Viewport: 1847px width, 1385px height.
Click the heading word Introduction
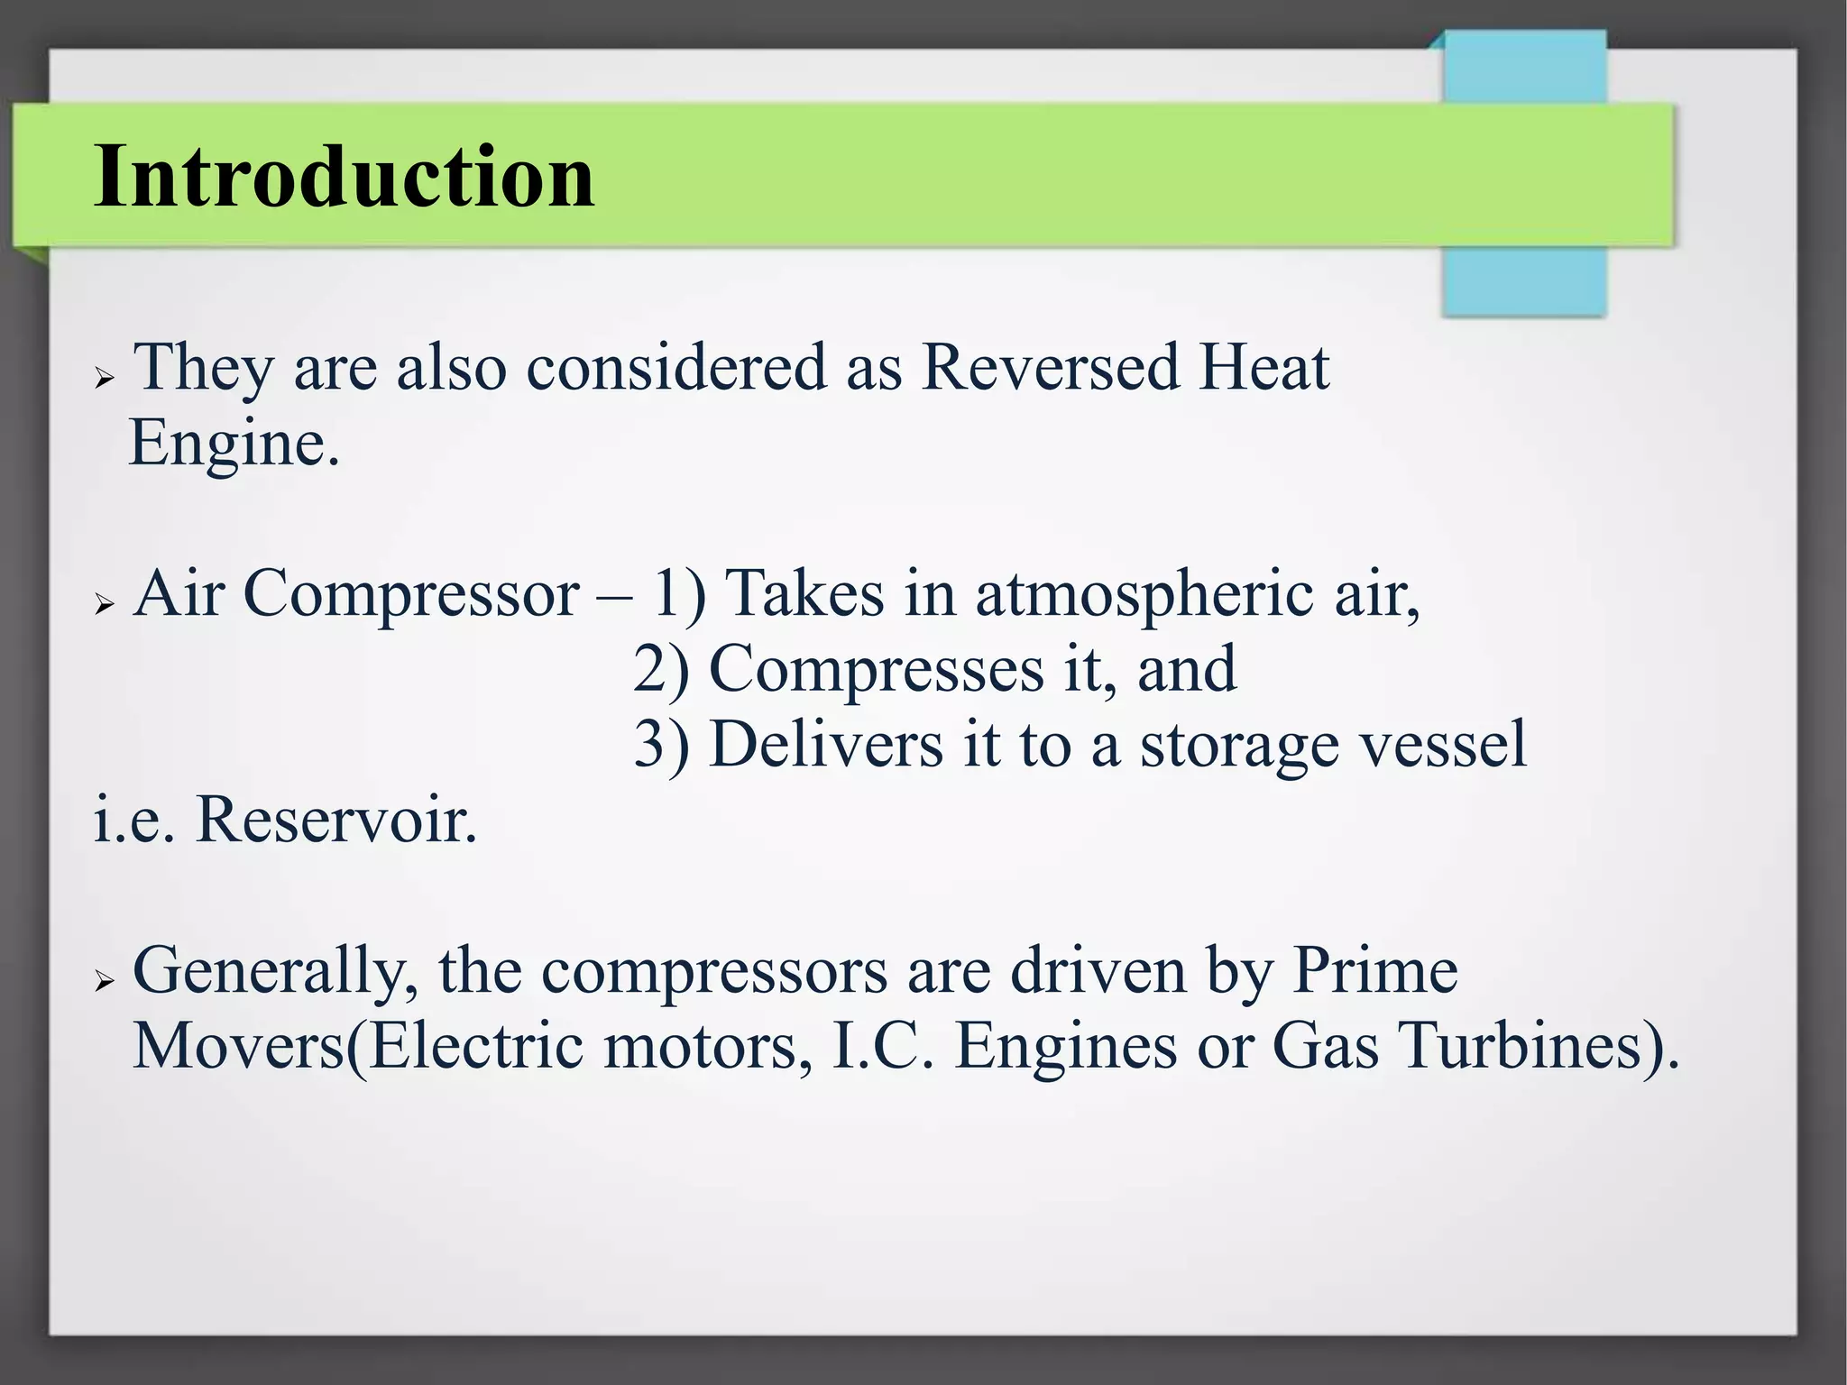(x=344, y=176)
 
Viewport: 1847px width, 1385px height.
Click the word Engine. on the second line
(x=234, y=444)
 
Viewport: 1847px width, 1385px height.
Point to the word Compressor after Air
(x=411, y=594)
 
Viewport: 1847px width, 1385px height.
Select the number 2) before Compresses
(x=661, y=670)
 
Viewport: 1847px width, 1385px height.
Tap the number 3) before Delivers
(x=661, y=746)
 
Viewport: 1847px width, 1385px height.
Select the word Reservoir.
(x=335, y=821)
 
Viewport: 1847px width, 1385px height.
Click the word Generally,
(x=276, y=972)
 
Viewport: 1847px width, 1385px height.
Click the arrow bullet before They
(x=105, y=379)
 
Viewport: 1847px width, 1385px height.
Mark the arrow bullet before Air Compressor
(x=105, y=605)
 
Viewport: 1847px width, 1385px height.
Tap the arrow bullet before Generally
(x=105, y=981)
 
